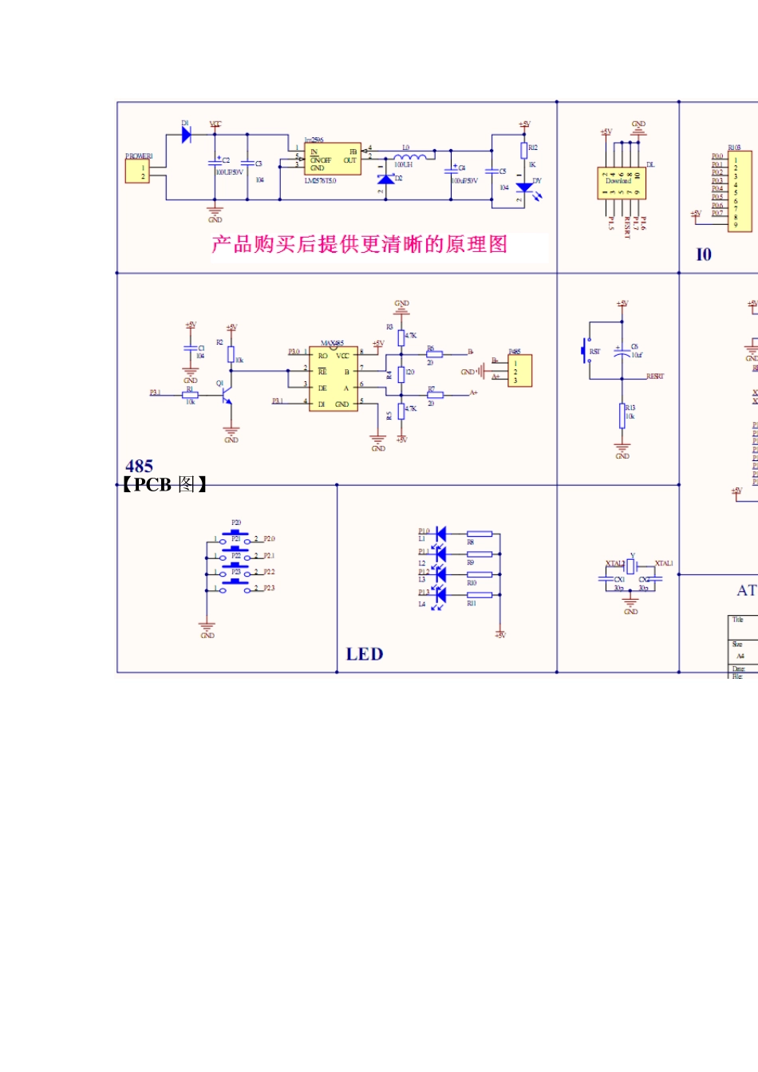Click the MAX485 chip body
click(x=333, y=380)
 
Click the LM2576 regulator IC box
click(x=333, y=159)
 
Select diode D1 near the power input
click(x=186, y=135)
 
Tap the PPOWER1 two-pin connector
click(x=137, y=171)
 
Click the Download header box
click(x=621, y=183)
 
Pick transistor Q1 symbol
click(x=227, y=393)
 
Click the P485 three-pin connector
click(x=519, y=371)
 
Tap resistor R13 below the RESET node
click(x=622, y=416)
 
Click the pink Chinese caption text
click(x=360, y=244)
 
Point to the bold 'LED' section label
click(x=364, y=654)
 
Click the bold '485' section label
click(x=139, y=466)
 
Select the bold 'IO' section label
click(x=704, y=254)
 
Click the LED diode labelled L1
click(x=440, y=533)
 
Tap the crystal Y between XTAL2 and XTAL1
click(x=631, y=566)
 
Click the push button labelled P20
click(x=235, y=533)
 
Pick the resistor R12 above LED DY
click(x=524, y=150)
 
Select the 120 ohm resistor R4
click(x=401, y=373)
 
